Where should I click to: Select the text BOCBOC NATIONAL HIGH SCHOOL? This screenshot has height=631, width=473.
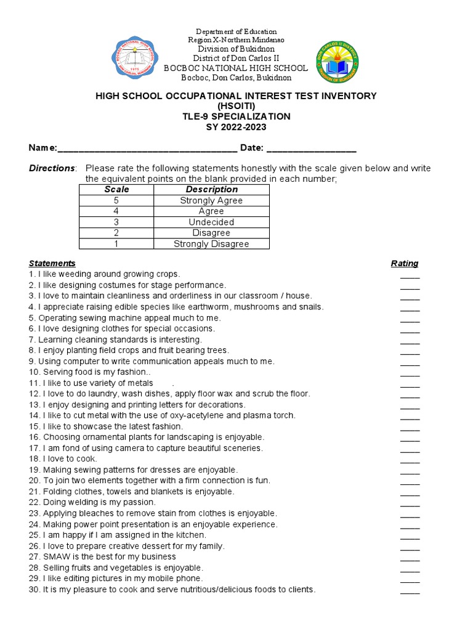(236, 68)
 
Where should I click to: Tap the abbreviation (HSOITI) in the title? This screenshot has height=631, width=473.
(236, 106)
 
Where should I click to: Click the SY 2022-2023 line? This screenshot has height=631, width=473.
(236, 126)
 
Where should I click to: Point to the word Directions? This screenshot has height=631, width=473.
(52, 168)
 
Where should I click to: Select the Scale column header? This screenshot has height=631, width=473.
(116, 189)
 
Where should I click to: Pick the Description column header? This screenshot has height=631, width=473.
(211, 189)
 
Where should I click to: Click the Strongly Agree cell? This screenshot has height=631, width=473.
(211, 200)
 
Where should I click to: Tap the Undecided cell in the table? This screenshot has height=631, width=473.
(211, 222)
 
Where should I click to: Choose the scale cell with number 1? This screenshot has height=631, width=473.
(116, 244)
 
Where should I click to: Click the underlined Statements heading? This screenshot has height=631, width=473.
(52, 263)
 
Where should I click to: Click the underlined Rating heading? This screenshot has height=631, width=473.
(405, 263)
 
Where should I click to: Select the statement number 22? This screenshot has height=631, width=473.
(34, 502)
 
